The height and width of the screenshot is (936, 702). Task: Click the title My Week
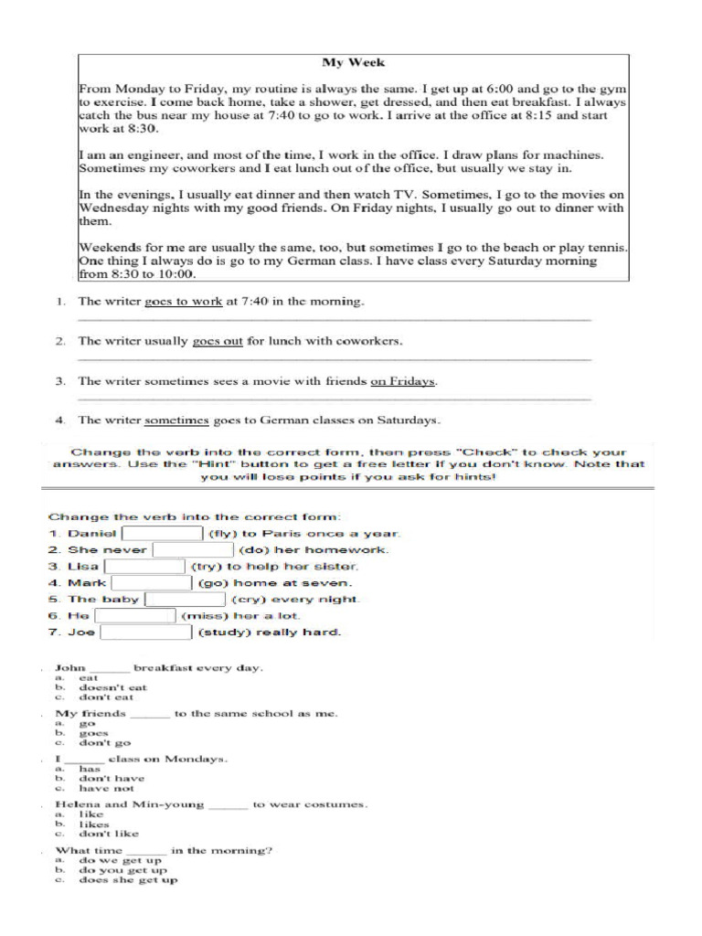coord(353,63)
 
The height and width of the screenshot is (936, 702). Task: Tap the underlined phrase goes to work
coord(183,301)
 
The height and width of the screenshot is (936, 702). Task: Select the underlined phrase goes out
coord(218,341)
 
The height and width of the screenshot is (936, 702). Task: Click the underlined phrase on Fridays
coord(403,381)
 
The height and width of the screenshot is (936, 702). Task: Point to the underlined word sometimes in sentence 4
coord(177,420)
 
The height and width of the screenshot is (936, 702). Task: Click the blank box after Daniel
coord(163,534)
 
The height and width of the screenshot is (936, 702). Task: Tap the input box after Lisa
coord(145,567)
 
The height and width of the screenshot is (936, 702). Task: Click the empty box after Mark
coord(152,583)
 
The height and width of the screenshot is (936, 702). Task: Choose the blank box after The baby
coord(186,600)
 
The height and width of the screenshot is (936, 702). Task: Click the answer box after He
coord(135,616)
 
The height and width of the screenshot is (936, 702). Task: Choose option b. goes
coord(93,733)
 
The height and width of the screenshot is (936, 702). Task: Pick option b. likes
coord(94,824)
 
